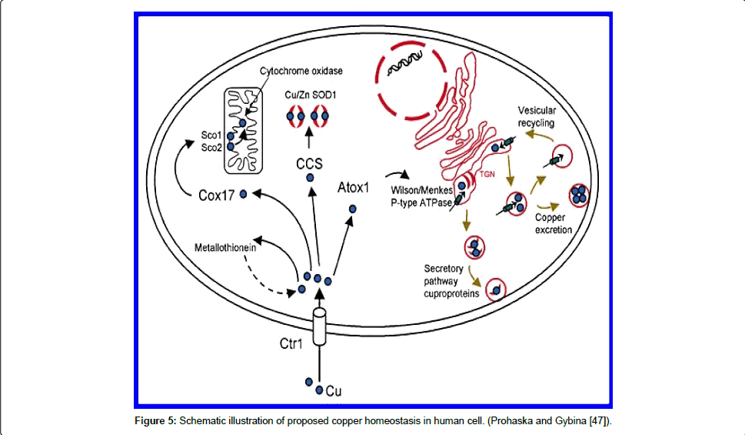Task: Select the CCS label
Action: point(310,163)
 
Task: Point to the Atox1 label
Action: point(354,186)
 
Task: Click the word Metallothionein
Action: point(225,248)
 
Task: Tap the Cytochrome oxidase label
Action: point(301,71)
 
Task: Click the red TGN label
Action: point(488,175)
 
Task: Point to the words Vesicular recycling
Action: point(536,115)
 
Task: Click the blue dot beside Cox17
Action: point(244,194)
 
